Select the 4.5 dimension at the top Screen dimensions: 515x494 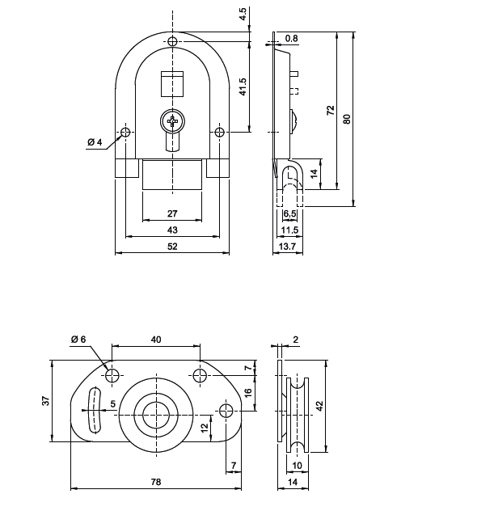pyautogui.click(x=243, y=15)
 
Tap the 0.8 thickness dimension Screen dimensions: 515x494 pyautogui.click(x=292, y=38)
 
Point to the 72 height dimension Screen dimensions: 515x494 pyautogui.click(x=330, y=112)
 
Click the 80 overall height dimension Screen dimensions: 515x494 pyautogui.click(x=347, y=119)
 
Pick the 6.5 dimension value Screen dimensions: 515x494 pyautogui.click(x=290, y=214)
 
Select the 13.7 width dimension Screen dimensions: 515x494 pyautogui.click(x=287, y=247)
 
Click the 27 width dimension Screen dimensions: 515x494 pyautogui.click(x=172, y=214)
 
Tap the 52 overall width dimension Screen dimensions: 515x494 pyautogui.click(x=172, y=247)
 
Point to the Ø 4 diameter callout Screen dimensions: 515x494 pyautogui.click(x=95, y=143)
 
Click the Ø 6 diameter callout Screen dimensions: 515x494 pyautogui.click(x=78, y=339)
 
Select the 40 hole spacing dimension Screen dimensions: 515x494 pyautogui.click(x=156, y=340)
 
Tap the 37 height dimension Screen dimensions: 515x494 pyautogui.click(x=47, y=400)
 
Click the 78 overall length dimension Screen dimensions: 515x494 pyautogui.click(x=156, y=483)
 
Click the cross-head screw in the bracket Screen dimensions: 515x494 pyautogui.click(x=172, y=122)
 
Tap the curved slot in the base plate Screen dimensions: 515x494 pyautogui.click(x=93, y=410)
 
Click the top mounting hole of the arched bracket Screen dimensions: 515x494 pyautogui.click(x=172, y=42)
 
